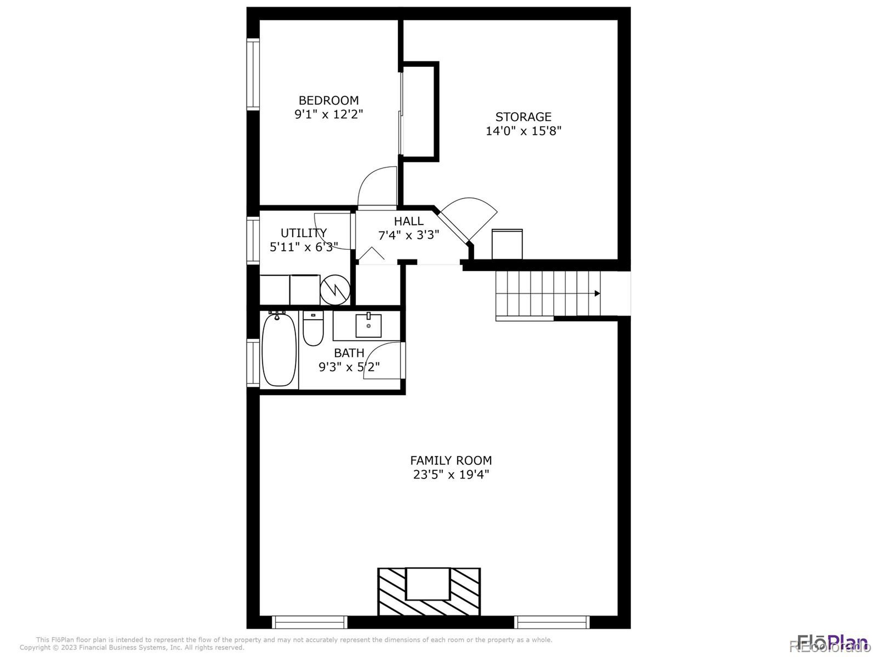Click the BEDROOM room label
pos(328,100)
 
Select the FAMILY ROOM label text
pos(451,461)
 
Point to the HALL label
pos(408,221)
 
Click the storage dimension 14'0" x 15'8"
pos(523,131)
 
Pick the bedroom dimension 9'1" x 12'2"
pos(328,114)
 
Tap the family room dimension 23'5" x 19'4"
pos(451,474)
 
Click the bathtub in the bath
pos(279,349)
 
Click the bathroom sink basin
pos(368,326)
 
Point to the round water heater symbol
pos(335,290)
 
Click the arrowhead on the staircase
pos(597,294)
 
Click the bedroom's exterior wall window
pos(253,74)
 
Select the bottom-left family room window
pos(310,622)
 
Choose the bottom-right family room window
pos(552,622)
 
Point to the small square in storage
pos(507,244)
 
